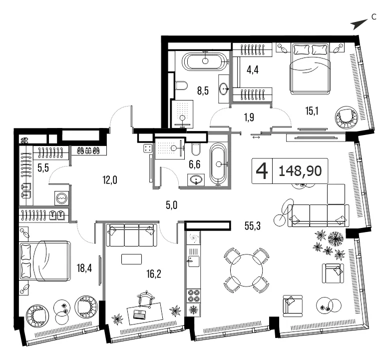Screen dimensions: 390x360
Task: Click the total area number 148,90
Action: [x=300, y=171]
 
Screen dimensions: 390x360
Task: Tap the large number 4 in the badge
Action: [x=262, y=171]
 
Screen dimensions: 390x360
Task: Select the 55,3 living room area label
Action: [x=253, y=226]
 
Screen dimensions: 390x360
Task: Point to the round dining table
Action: [x=246, y=270]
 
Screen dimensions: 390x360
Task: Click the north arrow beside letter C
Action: [x=359, y=24]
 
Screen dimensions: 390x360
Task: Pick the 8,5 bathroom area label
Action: [x=203, y=91]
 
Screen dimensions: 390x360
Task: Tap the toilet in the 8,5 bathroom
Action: [x=181, y=85]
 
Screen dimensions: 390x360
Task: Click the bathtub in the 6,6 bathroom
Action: [x=218, y=164]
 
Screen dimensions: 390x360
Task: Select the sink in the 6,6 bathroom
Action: [x=196, y=179]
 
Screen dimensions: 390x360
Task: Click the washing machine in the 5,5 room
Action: [x=61, y=198]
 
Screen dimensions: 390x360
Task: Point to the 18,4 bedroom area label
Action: [x=84, y=268]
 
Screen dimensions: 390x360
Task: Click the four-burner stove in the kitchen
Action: [x=193, y=295]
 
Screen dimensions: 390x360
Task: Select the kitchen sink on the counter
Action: [x=193, y=261]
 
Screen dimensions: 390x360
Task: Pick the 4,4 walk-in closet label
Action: [x=253, y=70]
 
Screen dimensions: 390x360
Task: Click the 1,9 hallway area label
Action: [x=249, y=117]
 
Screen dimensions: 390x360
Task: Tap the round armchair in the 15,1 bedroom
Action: [x=346, y=116]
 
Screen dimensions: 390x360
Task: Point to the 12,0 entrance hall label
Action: [x=110, y=179]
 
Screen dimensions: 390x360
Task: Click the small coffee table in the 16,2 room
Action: [x=131, y=259]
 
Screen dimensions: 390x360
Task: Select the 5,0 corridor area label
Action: [x=172, y=205]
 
